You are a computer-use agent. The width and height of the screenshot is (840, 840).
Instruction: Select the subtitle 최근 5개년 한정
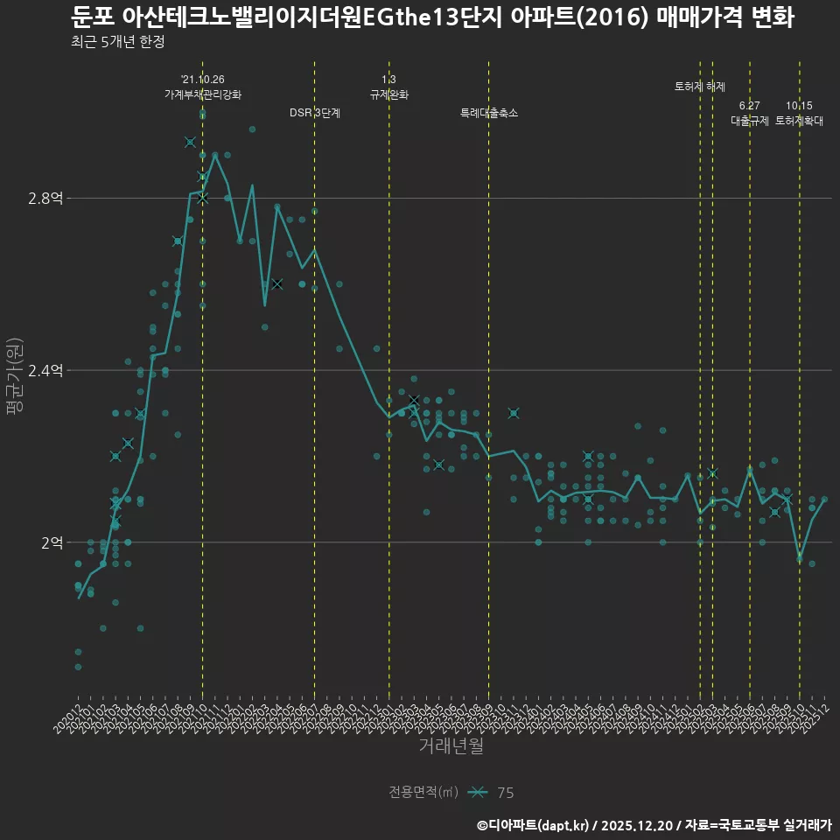pos(118,42)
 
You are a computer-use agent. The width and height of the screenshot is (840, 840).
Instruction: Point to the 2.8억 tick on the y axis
pos(45,199)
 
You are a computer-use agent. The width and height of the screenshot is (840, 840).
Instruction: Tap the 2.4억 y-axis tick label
pos(45,371)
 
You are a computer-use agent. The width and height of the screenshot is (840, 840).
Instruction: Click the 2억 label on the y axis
pos(52,542)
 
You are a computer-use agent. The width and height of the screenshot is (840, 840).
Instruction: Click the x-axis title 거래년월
pos(451,746)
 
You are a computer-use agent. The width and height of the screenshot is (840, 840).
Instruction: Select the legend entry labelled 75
pos(505,793)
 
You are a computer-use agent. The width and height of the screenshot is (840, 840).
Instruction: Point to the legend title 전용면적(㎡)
pos(423,793)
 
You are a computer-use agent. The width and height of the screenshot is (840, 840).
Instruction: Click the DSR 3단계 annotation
pos(315,113)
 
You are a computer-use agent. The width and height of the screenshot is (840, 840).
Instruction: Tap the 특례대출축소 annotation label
pos(489,113)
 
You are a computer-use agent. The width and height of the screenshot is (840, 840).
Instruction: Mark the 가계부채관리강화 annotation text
pos(203,94)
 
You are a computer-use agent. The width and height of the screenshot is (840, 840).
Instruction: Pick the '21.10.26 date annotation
pos(203,80)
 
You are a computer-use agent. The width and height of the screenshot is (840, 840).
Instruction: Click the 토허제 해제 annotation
pos(700,87)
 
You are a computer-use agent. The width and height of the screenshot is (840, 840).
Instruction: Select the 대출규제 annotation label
pos(750,122)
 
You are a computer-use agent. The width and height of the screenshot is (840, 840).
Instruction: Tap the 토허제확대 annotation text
pos(799,122)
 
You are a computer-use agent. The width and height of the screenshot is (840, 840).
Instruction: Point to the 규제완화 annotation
pos(389,94)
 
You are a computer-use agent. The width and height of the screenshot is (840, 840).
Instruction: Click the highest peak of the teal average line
pos(215,155)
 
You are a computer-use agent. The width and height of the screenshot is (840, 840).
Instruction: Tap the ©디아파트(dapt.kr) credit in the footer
pos(534,825)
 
